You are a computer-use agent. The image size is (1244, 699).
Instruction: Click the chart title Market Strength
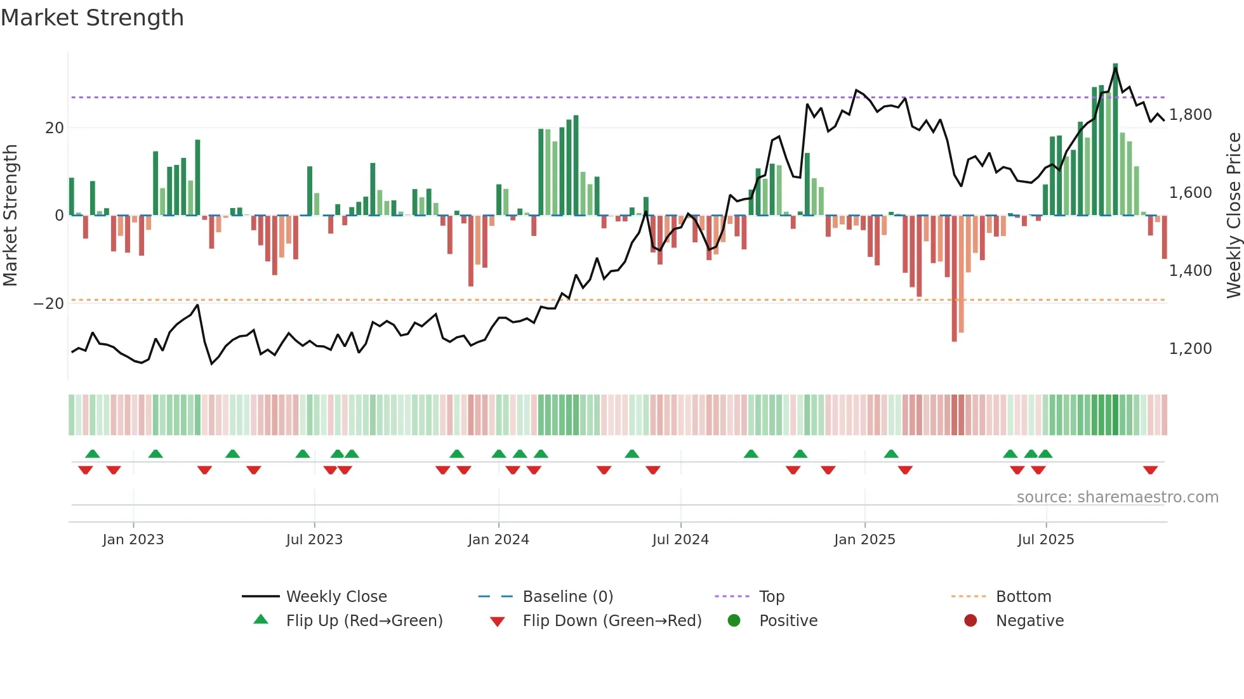point(92,18)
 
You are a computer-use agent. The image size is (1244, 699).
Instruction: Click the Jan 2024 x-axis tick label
point(498,540)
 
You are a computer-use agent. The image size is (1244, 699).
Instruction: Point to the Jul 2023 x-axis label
point(314,540)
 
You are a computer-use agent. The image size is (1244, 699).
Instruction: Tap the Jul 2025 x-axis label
point(1045,540)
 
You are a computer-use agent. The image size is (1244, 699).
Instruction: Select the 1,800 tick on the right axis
point(1190,115)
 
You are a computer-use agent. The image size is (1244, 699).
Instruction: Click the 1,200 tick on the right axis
point(1190,349)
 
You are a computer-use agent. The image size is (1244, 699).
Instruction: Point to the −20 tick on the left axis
point(49,304)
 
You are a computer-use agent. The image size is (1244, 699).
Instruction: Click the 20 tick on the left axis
point(55,128)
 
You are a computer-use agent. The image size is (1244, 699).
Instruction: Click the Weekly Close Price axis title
point(1233,216)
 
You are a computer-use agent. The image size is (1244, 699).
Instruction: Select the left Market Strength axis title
point(10,216)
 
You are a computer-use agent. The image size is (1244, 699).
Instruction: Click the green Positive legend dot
point(734,621)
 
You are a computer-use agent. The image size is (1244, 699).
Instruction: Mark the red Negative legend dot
point(970,621)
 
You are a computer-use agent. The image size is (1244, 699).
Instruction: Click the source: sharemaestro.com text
point(1117,497)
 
